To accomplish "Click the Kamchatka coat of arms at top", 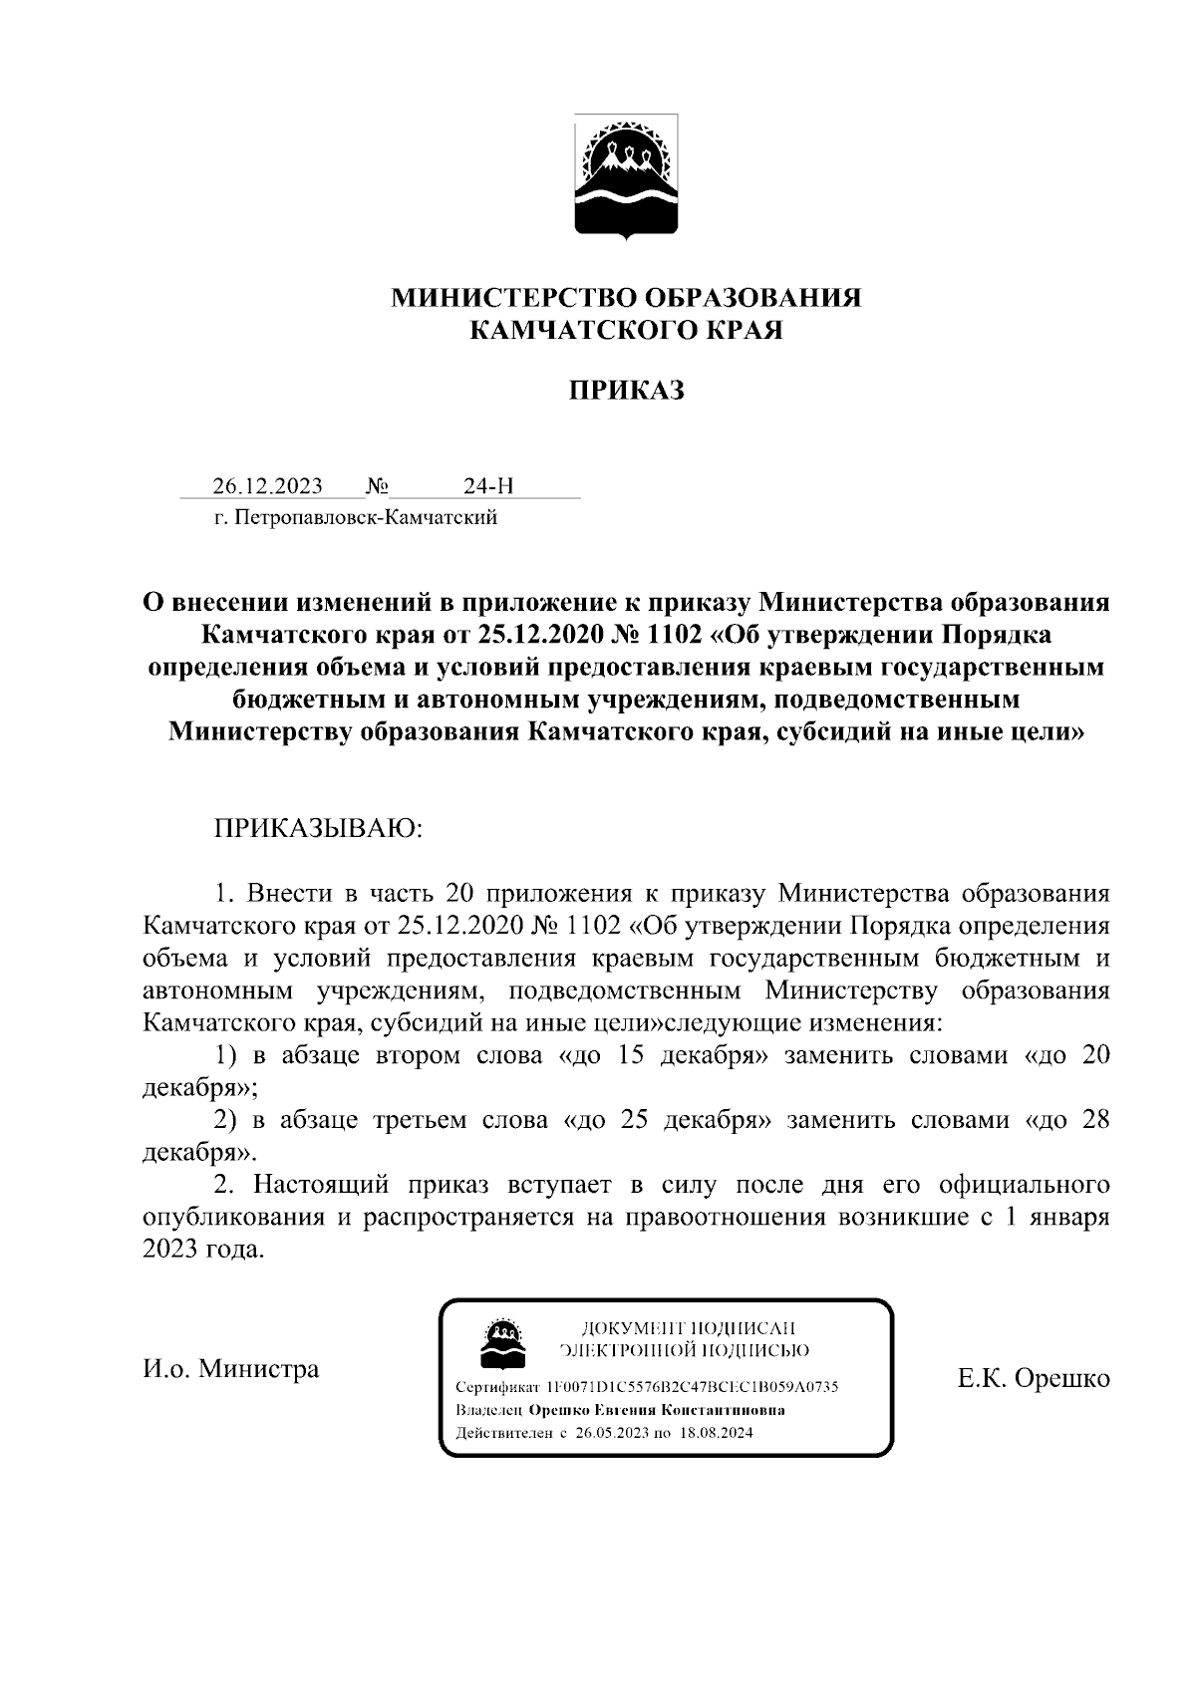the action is [626, 176].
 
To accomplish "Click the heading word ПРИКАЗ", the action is [626, 391].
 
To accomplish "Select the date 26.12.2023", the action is [267, 486].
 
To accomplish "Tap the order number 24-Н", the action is [488, 486].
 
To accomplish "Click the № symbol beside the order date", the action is [377, 486].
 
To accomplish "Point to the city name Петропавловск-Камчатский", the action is [367, 518].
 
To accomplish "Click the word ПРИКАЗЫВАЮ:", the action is [318, 829].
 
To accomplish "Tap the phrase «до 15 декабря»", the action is [660, 1056].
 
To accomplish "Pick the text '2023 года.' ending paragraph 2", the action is [204, 1250].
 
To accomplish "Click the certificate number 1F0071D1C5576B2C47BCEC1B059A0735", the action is [692, 1387].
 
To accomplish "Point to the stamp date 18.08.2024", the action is [716, 1434].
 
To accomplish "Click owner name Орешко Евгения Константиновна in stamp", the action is [656, 1411].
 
